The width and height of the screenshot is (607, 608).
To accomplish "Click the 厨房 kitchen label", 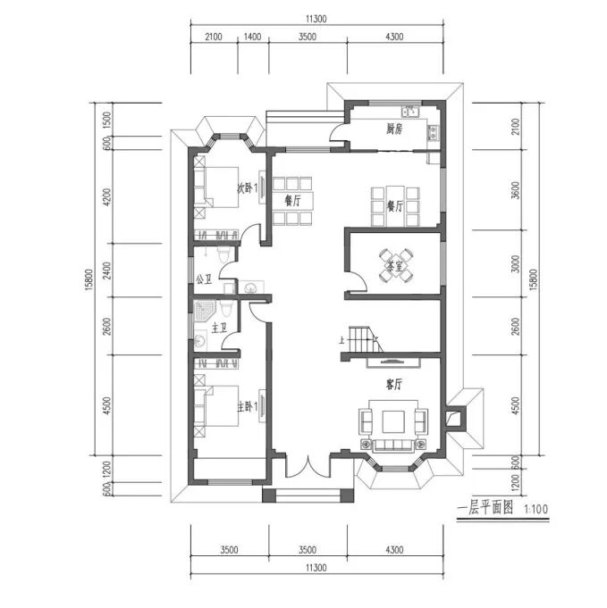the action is coord(394,129).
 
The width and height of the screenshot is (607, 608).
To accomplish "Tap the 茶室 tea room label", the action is coord(395,266).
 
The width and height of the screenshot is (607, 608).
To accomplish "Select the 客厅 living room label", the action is coord(394,384).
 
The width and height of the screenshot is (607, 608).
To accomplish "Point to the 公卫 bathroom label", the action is coord(205,279).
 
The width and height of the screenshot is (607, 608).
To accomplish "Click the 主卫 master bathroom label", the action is coord(219,328).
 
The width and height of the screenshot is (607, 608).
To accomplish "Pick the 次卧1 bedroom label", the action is coord(248,188).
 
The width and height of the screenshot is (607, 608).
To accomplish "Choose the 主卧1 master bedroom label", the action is coord(248,407).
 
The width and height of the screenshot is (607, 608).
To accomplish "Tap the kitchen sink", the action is coord(409,112).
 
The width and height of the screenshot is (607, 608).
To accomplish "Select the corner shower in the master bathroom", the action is coord(203,311).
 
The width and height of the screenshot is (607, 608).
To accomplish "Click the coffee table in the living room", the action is coord(393,422).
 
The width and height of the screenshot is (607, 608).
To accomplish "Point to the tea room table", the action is coord(396,266).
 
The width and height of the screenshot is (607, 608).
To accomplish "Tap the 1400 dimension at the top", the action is coord(252,37).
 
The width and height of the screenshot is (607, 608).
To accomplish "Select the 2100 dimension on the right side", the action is coord(515,127).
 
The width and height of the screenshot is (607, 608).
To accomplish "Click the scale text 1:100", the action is coord(536,509).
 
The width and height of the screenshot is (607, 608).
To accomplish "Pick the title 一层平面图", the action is coord(485,508).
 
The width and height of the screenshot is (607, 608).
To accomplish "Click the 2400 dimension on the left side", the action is coord(107,271).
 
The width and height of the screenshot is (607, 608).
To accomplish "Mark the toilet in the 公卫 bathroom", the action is coord(223,255).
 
